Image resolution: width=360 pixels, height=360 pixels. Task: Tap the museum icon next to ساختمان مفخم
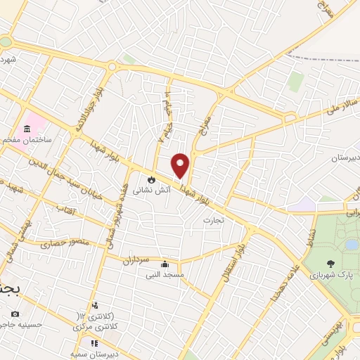point(27,129)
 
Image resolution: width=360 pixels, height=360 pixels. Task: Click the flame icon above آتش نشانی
point(150,179)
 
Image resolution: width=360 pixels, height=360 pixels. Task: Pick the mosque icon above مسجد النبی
point(165,264)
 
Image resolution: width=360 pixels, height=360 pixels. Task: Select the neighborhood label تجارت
point(212,220)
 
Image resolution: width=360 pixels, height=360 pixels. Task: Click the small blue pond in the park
point(351,245)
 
